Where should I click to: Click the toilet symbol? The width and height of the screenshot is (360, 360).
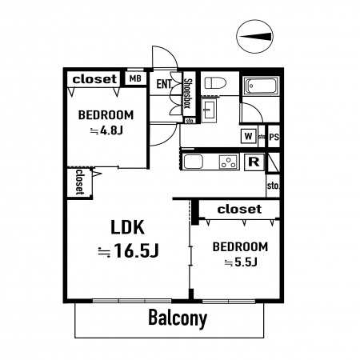pos(215,83)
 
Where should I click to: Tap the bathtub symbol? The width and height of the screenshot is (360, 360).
pos(261,86)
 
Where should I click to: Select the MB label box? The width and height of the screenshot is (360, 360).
pos(135,78)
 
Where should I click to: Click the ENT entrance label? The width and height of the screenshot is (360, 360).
pos(164,84)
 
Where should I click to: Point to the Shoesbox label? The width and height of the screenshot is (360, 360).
pos(188,94)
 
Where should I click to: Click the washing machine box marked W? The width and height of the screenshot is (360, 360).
pos(249,136)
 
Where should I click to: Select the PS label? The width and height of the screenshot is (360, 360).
pos(274,137)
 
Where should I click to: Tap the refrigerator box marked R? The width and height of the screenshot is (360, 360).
pos(254,162)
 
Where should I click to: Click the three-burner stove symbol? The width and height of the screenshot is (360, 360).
pos(229,162)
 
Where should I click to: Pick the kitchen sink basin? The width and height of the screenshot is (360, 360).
pos(194,162)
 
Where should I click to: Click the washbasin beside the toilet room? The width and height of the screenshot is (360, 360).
pos(210,110)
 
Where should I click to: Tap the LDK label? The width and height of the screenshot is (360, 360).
pos(127,227)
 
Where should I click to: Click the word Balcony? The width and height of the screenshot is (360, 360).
pos(178,318)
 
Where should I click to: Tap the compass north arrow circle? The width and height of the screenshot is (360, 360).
pos(255,37)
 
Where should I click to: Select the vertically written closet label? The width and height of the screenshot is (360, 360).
pos(80,182)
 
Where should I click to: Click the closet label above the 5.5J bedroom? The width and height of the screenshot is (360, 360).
pos(239,209)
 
